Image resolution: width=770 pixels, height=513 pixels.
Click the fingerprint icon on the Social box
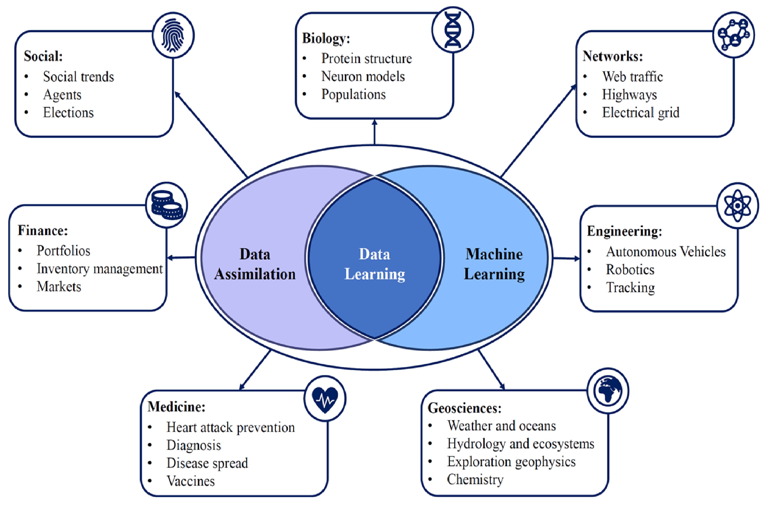point(173,35)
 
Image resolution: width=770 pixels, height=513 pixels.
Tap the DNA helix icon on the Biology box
point(453,30)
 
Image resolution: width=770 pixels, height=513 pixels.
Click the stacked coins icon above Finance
point(166,205)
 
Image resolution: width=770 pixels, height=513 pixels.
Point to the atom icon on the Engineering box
point(737,205)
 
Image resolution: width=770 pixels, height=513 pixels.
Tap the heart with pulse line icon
point(325,399)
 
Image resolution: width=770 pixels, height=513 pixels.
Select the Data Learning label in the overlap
point(374,264)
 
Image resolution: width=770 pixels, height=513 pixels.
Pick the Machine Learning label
point(494,264)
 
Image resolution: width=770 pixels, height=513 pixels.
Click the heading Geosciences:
point(464,408)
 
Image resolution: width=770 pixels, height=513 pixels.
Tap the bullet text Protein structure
point(366,58)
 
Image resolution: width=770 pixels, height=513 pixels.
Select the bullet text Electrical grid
point(640,113)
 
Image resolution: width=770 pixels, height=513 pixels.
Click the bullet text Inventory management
point(100,269)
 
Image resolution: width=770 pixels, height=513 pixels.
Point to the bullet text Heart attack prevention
point(230,427)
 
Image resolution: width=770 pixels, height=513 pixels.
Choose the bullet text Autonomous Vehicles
point(666,252)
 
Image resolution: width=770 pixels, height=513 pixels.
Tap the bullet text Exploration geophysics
point(511,462)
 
